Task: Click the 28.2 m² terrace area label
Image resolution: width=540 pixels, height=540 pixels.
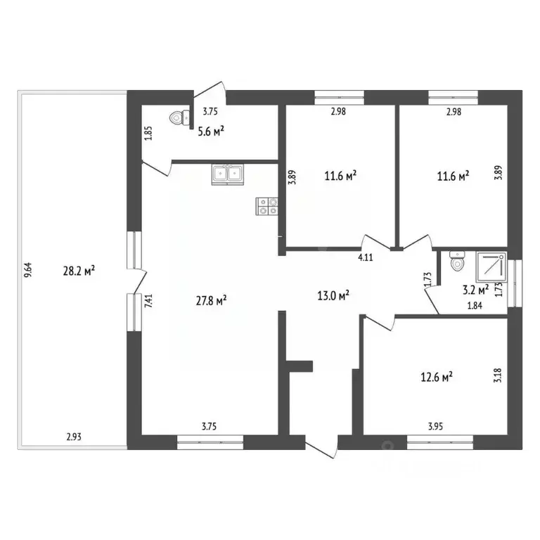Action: tap(79, 270)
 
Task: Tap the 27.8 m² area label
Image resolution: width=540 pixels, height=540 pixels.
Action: tap(211, 301)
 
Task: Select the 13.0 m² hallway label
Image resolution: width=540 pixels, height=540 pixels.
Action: tap(335, 295)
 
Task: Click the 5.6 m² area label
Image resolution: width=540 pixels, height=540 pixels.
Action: tap(210, 130)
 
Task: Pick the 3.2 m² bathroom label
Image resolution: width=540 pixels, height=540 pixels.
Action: tap(474, 288)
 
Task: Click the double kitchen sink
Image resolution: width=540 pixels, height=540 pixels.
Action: tap(227, 173)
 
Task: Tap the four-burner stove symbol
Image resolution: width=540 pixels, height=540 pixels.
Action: tap(267, 205)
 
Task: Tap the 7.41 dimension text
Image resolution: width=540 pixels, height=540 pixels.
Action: tap(148, 302)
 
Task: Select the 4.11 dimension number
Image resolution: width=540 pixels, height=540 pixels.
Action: tap(365, 258)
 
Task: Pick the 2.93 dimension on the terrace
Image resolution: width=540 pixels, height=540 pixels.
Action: tap(74, 437)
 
